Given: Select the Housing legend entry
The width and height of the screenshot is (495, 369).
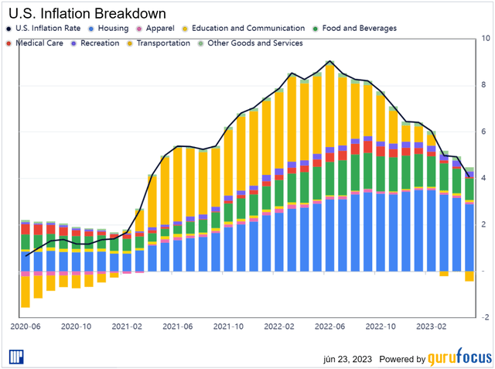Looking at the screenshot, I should click(x=112, y=29).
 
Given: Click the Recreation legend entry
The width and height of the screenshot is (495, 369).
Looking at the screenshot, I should click(x=99, y=43).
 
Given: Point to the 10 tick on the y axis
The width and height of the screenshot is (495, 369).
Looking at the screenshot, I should click(x=484, y=38).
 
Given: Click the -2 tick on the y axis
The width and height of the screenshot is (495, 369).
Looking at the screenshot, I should click(x=484, y=317).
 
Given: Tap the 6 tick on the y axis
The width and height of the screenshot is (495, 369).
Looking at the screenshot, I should click(x=484, y=132).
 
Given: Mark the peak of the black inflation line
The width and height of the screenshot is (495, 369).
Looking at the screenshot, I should click(x=329, y=61).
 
